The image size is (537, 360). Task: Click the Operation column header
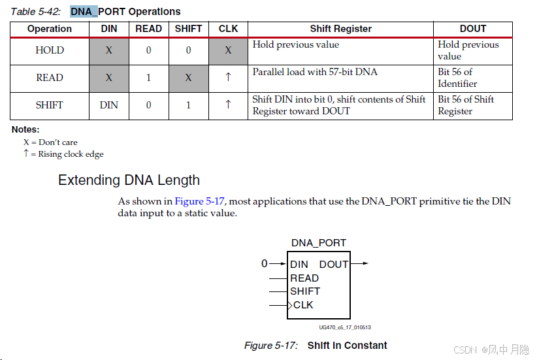pos(50,29)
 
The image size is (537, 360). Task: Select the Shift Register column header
pos(340,29)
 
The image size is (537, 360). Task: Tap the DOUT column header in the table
pos(472,29)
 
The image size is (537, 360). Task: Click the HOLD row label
pos(50,50)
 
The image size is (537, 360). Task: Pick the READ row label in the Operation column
pos(50,78)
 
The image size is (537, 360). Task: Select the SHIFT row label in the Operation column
pos(50,105)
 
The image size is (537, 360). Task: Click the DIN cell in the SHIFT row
pos(109,105)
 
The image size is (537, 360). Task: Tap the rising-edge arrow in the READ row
pos(228,77)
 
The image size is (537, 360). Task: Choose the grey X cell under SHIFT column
pos(188,78)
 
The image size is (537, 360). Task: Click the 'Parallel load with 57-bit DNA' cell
pos(315,72)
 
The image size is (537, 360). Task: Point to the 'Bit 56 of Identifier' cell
pos(457,78)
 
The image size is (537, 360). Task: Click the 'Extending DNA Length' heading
pos(129,180)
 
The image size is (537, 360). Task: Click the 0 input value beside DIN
pos(264,264)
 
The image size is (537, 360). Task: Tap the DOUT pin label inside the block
pos(333,265)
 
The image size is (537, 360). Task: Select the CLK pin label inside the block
pos(303,305)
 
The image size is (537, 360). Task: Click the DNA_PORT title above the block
pos(318,243)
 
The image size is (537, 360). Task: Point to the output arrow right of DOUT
pos(361,264)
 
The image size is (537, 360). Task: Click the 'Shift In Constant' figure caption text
pos(347,346)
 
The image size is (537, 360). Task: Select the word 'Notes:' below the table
pos(25,130)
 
